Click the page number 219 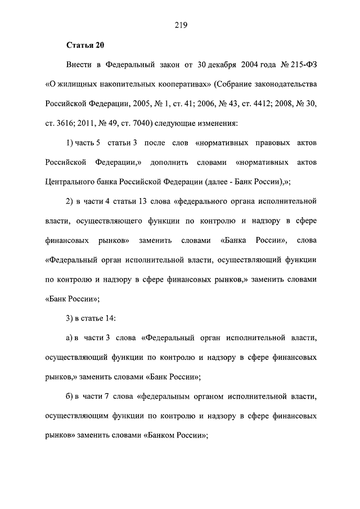point(180,24)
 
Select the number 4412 point(253,105)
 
